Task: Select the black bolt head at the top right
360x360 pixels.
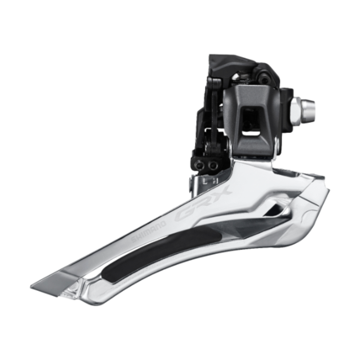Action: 265,79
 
